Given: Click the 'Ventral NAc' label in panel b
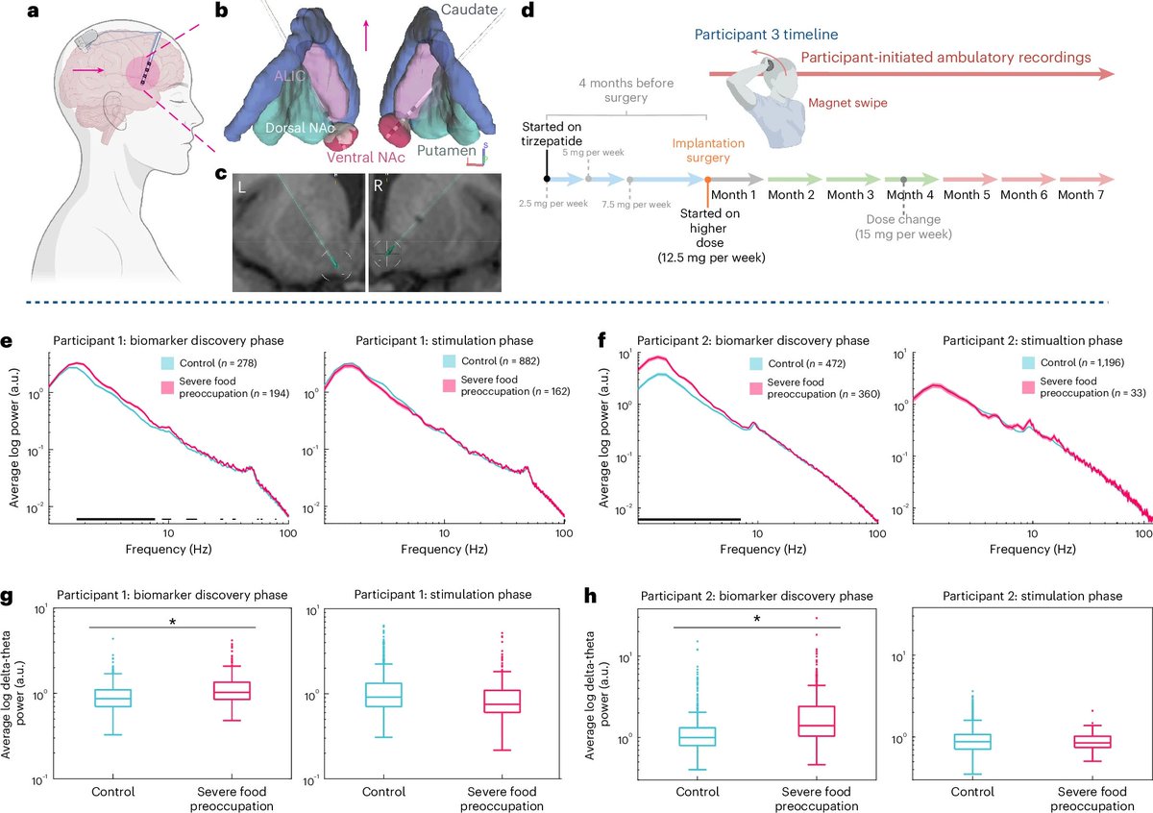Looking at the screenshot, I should point(298,156).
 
